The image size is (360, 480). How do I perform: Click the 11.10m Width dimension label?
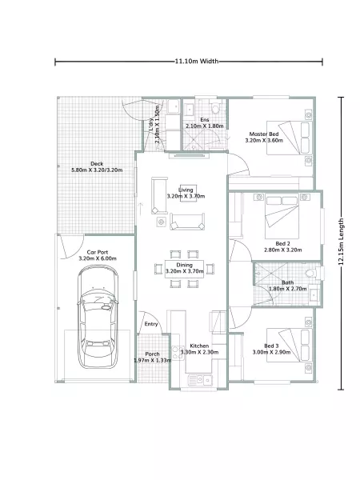(197, 62)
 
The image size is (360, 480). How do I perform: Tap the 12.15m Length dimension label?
(341, 242)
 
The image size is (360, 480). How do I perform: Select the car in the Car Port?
(98, 317)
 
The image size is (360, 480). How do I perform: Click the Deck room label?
(97, 164)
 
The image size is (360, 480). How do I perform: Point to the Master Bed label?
(264, 134)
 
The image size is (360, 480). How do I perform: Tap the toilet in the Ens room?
(216, 107)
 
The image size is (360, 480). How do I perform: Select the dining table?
(184, 269)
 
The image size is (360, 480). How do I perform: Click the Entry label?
(151, 324)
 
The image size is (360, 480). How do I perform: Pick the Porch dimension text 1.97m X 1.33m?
(153, 360)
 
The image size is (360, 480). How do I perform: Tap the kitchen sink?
(200, 380)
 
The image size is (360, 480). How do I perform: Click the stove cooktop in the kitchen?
(176, 352)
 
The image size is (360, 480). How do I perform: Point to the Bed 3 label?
(271, 346)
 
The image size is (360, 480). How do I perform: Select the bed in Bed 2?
(282, 216)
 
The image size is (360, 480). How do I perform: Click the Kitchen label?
(199, 346)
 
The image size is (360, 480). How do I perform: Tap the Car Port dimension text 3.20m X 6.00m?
(98, 258)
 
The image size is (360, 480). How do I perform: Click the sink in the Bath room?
(314, 295)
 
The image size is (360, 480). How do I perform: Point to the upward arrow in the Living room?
(141, 209)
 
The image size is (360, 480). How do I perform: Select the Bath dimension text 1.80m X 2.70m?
(287, 289)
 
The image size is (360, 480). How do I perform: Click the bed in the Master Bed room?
(290, 138)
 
